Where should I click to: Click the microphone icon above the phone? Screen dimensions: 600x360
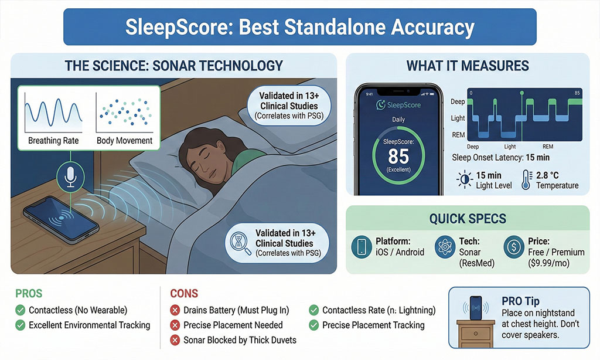click(x=70, y=176)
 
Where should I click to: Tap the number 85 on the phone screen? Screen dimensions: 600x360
click(x=398, y=157)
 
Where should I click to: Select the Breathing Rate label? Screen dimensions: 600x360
click(x=53, y=141)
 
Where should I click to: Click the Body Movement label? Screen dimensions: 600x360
click(x=124, y=141)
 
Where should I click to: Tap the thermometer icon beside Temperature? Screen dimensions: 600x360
click(x=527, y=180)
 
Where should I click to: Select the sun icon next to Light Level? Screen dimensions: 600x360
click(x=465, y=179)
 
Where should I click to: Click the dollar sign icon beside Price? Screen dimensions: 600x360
click(x=513, y=247)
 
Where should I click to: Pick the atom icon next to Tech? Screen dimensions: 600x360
click(x=445, y=247)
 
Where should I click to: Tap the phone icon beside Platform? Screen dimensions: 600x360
click(x=362, y=247)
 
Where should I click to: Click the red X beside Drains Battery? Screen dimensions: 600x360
click(x=175, y=310)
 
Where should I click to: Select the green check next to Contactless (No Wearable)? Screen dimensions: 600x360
click(x=21, y=310)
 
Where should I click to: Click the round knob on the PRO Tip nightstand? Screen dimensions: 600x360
click(x=476, y=334)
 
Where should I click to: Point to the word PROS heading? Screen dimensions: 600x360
click(x=29, y=293)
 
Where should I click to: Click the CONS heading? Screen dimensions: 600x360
click(x=184, y=293)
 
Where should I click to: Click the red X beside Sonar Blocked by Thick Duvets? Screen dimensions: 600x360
click(x=175, y=340)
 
